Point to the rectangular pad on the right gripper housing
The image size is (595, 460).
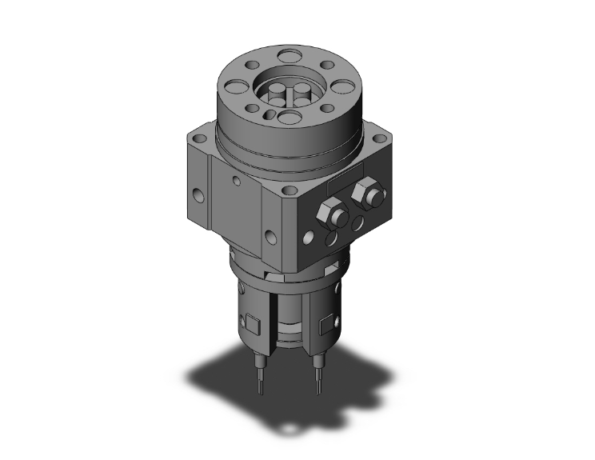pyautogui.click(x=327, y=326)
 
